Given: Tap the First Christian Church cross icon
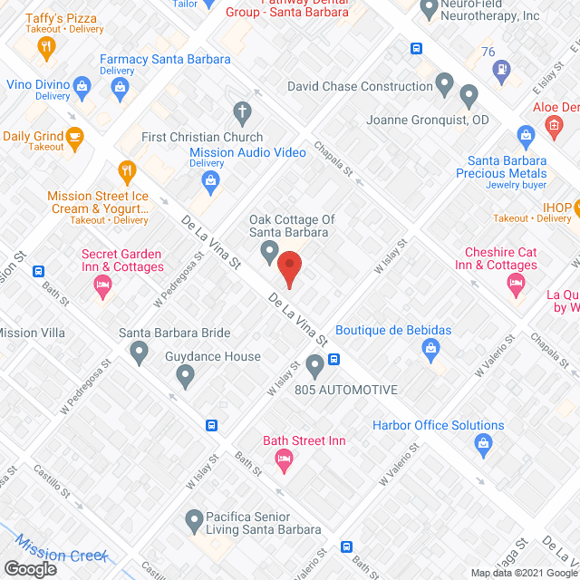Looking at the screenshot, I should (x=241, y=113).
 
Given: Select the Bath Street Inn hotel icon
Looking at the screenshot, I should (x=284, y=460).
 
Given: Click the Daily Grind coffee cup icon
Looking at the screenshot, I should (x=76, y=137).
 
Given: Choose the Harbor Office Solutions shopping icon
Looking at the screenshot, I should (x=483, y=444).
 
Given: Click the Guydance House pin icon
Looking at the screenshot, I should (x=185, y=374).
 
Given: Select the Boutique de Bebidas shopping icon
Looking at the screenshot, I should (x=431, y=348).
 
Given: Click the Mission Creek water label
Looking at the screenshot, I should (x=62, y=550).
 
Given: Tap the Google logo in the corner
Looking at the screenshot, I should (x=29, y=568).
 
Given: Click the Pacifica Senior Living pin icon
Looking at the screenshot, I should (x=193, y=520).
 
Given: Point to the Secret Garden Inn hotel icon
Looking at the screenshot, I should (x=103, y=287).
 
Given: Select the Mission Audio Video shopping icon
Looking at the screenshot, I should (x=211, y=180).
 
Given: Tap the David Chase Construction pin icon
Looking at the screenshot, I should (x=444, y=86).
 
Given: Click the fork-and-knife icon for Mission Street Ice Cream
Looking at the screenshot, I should (x=128, y=169).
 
